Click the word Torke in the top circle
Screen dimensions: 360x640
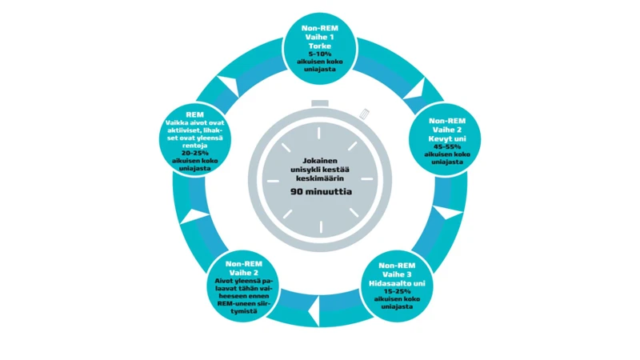(319, 45)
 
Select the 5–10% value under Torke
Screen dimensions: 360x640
(319, 54)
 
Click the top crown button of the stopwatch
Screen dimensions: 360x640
(320, 102)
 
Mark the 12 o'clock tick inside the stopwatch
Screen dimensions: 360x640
(320, 130)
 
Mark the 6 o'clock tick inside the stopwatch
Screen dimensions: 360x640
(320, 223)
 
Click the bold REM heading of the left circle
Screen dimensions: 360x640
(195, 114)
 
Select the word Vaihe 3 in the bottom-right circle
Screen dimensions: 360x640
(398, 274)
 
